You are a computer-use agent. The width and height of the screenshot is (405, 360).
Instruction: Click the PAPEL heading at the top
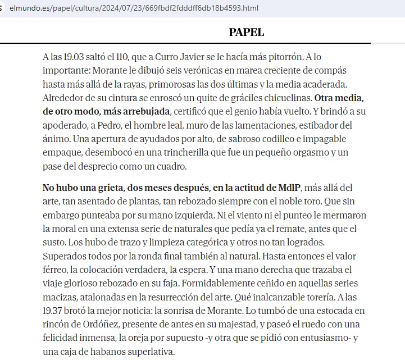pyautogui.click(x=247, y=33)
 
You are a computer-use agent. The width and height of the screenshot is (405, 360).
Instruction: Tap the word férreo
pyautogui.click(x=55, y=270)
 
